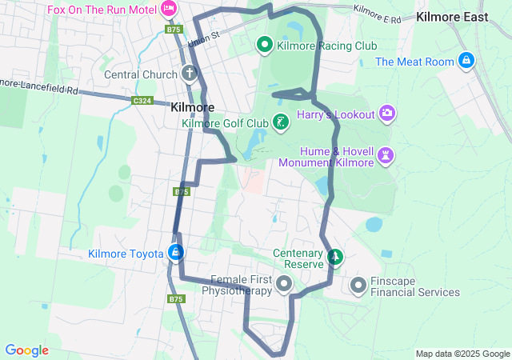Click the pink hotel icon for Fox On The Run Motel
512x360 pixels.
168,9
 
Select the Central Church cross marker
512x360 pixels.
190,74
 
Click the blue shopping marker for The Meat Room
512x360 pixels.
467,61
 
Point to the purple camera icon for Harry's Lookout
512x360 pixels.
387,114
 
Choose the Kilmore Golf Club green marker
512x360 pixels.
280,122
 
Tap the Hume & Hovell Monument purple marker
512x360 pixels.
387,155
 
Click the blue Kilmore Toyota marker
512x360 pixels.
176,254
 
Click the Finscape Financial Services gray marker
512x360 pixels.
358,284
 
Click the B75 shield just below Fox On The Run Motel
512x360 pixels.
174,30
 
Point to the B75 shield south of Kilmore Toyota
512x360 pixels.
176,298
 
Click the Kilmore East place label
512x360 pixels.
453,16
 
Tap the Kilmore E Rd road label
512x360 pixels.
376,14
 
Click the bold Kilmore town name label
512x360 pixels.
192,106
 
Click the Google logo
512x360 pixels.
26,350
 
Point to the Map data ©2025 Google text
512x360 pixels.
462,354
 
